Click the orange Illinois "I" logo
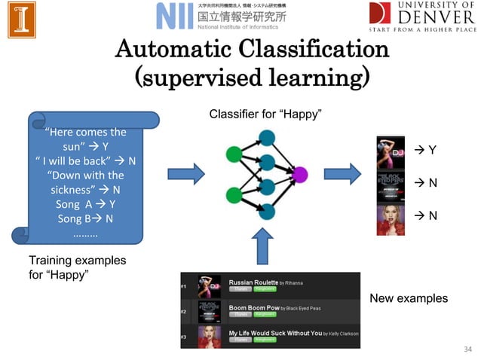point(22,20)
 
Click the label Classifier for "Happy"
point(265,114)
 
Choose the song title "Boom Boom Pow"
point(253,307)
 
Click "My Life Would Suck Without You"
point(274,333)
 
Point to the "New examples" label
point(408,299)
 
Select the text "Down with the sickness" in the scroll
point(84,182)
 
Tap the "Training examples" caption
point(77,261)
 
